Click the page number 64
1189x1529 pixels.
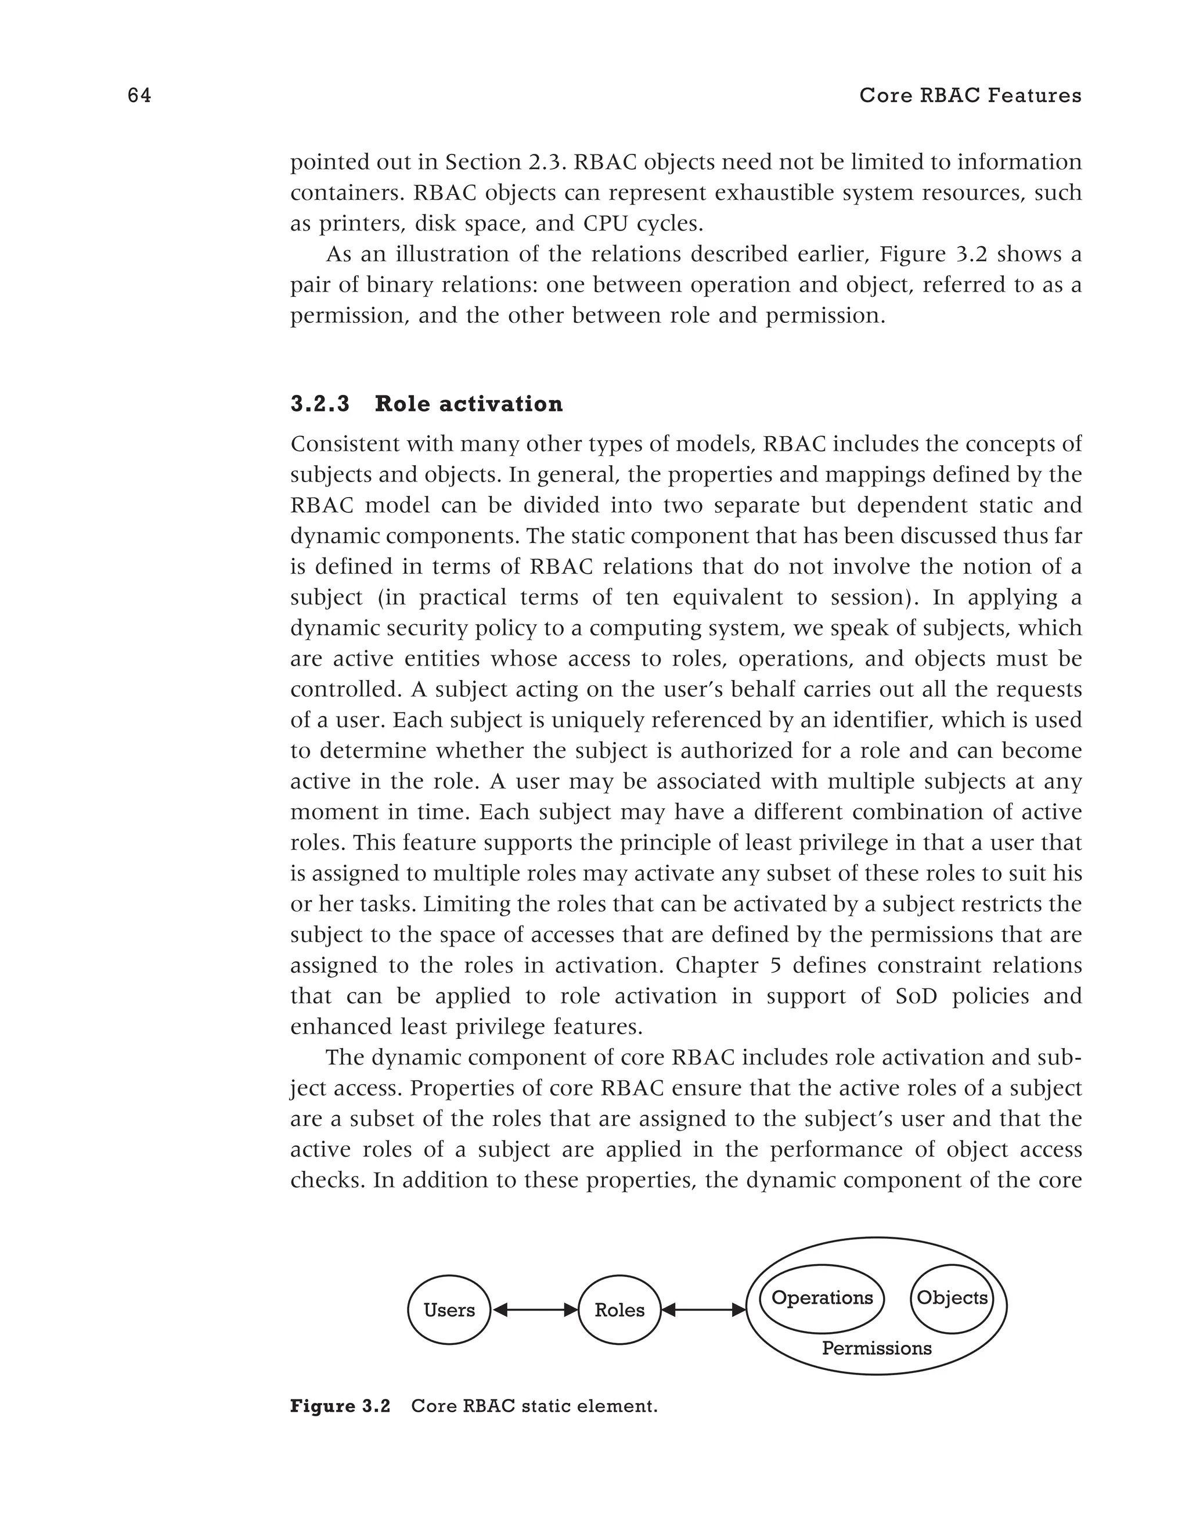(x=139, y=96)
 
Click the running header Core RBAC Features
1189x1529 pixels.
(x=970, y=96)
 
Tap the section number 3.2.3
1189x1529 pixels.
(x=320, y=404)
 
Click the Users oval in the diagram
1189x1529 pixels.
(x=449, y=1310)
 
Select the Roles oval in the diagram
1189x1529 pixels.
(x=619, y=1310)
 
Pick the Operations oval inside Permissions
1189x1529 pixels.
(x=822, y=1298)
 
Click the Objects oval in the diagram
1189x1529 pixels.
(x=952, y=1298)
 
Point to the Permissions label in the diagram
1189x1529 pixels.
(x=876, y=1348)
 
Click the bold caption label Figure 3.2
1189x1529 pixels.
(x=340, y=1406)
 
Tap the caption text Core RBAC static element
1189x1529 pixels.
(x=534, y=1406)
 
